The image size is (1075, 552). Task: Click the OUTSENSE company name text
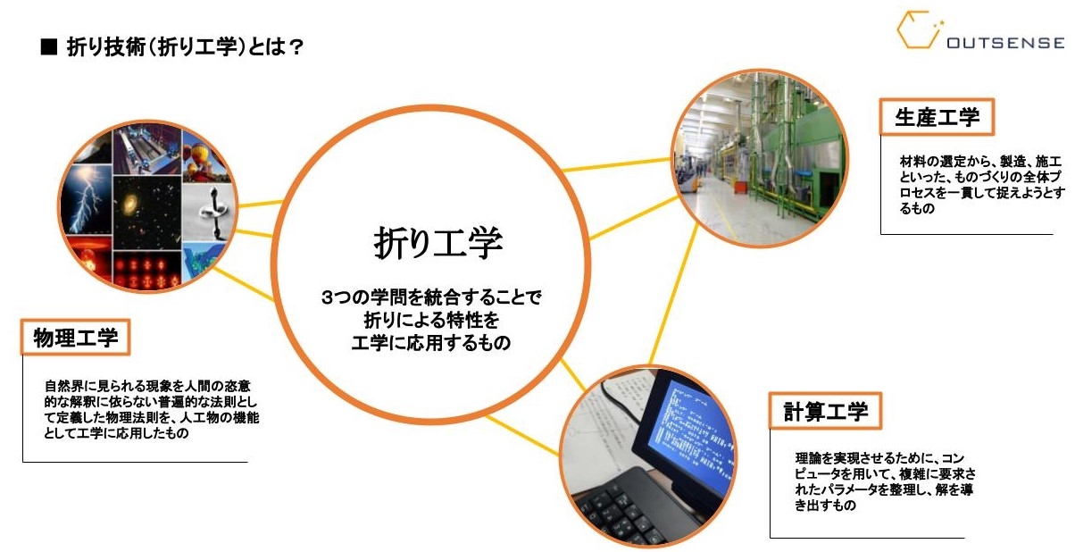(1005, 43)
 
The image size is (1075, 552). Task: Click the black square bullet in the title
(49, 47)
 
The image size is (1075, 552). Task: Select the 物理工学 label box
(75, 337)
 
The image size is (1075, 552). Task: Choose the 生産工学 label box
(937, 117)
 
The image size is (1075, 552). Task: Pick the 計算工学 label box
(825, 411)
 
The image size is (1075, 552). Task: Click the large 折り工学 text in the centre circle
(437, 243)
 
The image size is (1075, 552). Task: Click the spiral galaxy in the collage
(129, 203)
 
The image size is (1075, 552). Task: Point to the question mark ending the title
(296, 47)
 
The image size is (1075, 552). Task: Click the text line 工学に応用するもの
(430, 343)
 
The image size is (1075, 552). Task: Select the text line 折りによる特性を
(431, 320)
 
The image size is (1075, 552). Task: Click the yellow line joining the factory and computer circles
(674, 294)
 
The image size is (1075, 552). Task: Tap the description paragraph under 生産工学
(982, 185)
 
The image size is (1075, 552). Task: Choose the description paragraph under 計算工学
(885, 481)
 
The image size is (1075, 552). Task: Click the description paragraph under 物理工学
(151, 409)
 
